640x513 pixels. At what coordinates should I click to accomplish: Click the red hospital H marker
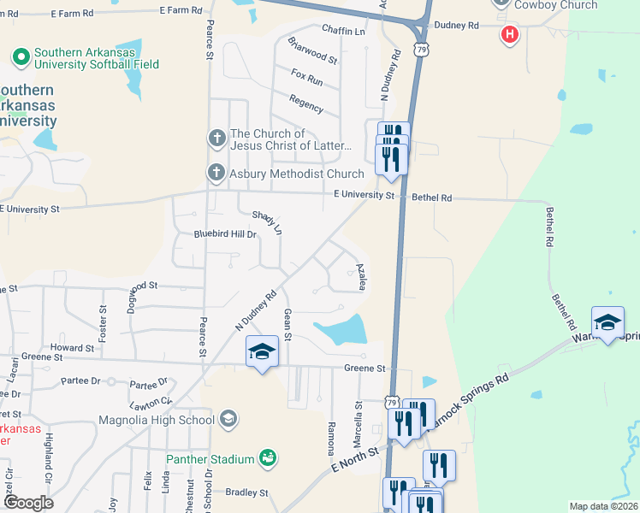click(510, 35)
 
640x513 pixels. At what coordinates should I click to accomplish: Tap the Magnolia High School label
click(157, 420)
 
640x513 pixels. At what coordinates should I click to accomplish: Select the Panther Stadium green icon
click(268, 459)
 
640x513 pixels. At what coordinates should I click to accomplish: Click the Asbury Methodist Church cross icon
click(216, 174)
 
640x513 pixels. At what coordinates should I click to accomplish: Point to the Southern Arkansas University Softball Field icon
click(21, 58)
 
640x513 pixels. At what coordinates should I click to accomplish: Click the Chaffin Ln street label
click(342, 31)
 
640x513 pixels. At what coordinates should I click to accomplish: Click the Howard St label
click(72, 348)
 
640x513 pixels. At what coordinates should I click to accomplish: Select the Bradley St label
click(246, 492)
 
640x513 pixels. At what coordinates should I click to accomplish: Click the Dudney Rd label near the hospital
click(456, 26)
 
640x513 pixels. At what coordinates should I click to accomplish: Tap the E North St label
click(354, 462)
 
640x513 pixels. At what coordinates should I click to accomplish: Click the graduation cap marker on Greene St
click(263, 352)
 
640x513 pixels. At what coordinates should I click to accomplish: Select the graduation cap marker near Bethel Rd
click(607, 322)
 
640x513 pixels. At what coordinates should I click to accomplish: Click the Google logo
click(29, 503)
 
